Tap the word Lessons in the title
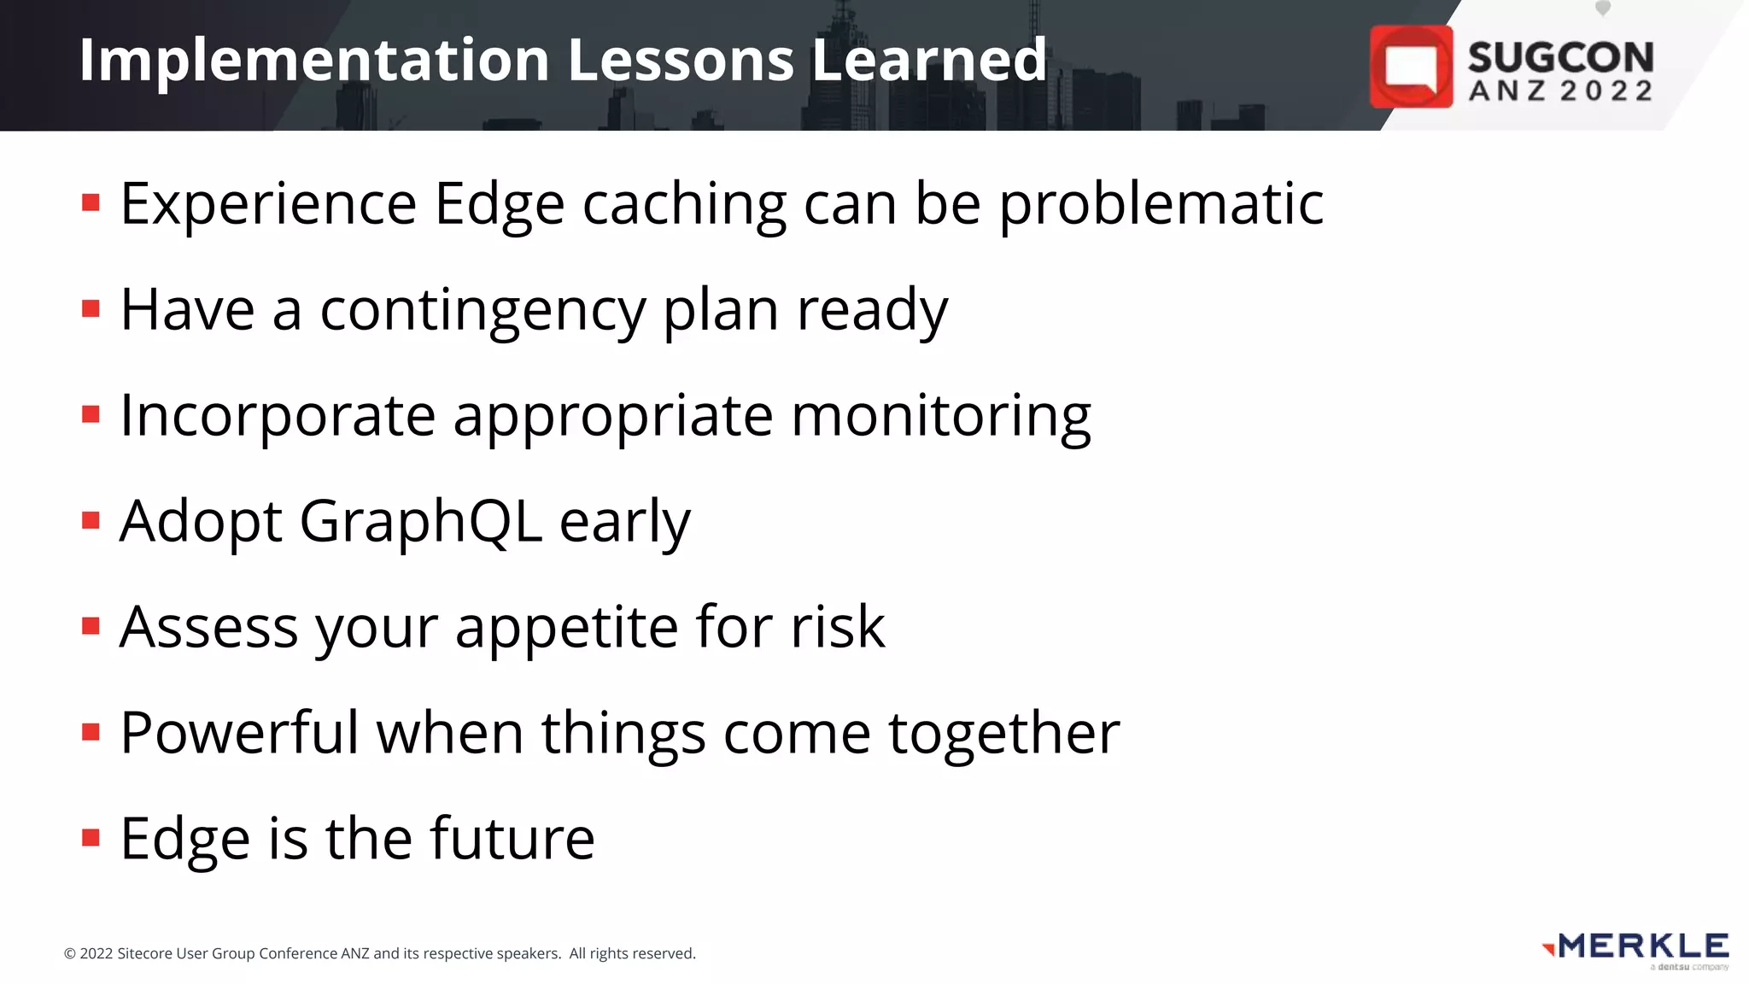(680, 60)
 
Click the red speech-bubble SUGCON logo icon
(1411, 67)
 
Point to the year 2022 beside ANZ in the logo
(1606, 91)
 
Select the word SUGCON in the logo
(1560, 57)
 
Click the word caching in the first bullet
(683, 205)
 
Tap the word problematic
(1161, 205)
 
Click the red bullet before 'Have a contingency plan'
(91, 308)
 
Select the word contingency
(483, 311)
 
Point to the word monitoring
(940, 417)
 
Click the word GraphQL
(420, 522)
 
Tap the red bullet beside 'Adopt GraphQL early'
(91, 520)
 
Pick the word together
(1003, 735)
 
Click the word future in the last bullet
(512, 839)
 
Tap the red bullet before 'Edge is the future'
(91, 838)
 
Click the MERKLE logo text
(1643, 946)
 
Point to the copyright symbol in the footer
(70, 954)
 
